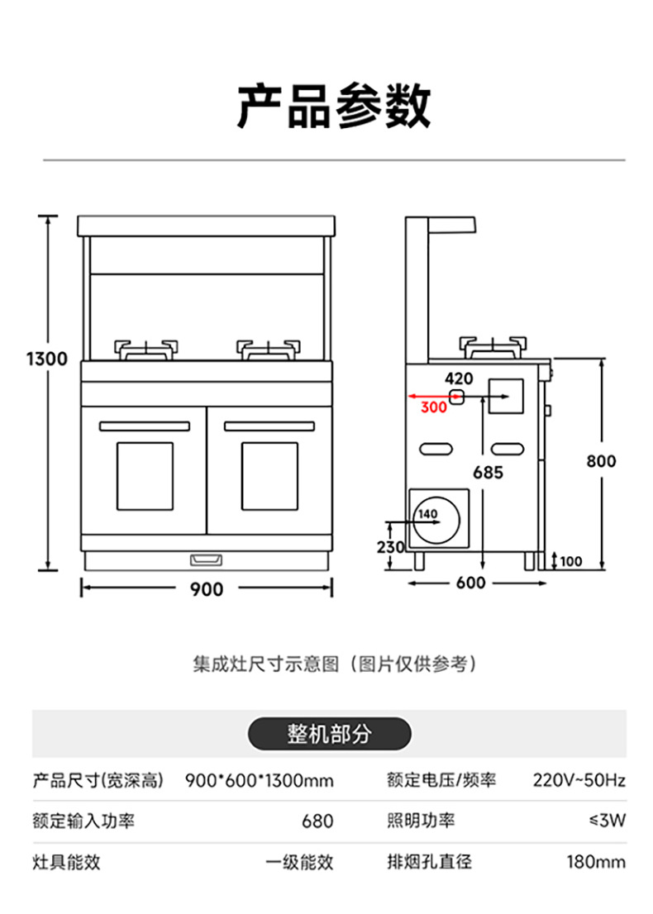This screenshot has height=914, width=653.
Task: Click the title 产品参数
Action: coord(334,106)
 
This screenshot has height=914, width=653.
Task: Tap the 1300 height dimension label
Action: coord(46,359)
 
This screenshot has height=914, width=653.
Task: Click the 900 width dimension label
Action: coord(206,589)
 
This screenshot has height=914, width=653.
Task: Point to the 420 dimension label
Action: coord(459,378)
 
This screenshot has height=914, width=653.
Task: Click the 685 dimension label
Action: coord(488,473)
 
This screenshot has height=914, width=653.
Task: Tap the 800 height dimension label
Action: coord(601,460)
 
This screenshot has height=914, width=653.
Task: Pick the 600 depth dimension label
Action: coord(470,583)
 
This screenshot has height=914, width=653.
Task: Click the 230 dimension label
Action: coord(391,547)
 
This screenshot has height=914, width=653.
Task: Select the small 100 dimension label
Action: coord(570,562)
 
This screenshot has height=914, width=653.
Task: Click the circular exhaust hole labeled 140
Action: coord(438,521)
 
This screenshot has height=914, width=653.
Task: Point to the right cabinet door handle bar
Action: coord(269,426)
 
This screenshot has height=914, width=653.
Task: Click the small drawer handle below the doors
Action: coord(207,559)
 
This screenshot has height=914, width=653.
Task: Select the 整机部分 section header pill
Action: coord(330,733)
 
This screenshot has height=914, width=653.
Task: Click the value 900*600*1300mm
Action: coord(260,779)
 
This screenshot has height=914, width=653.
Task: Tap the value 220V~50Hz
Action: coord(579,779)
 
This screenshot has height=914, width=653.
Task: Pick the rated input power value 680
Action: coord(317,821)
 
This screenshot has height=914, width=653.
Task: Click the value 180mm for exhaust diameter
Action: coord(595,863)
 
